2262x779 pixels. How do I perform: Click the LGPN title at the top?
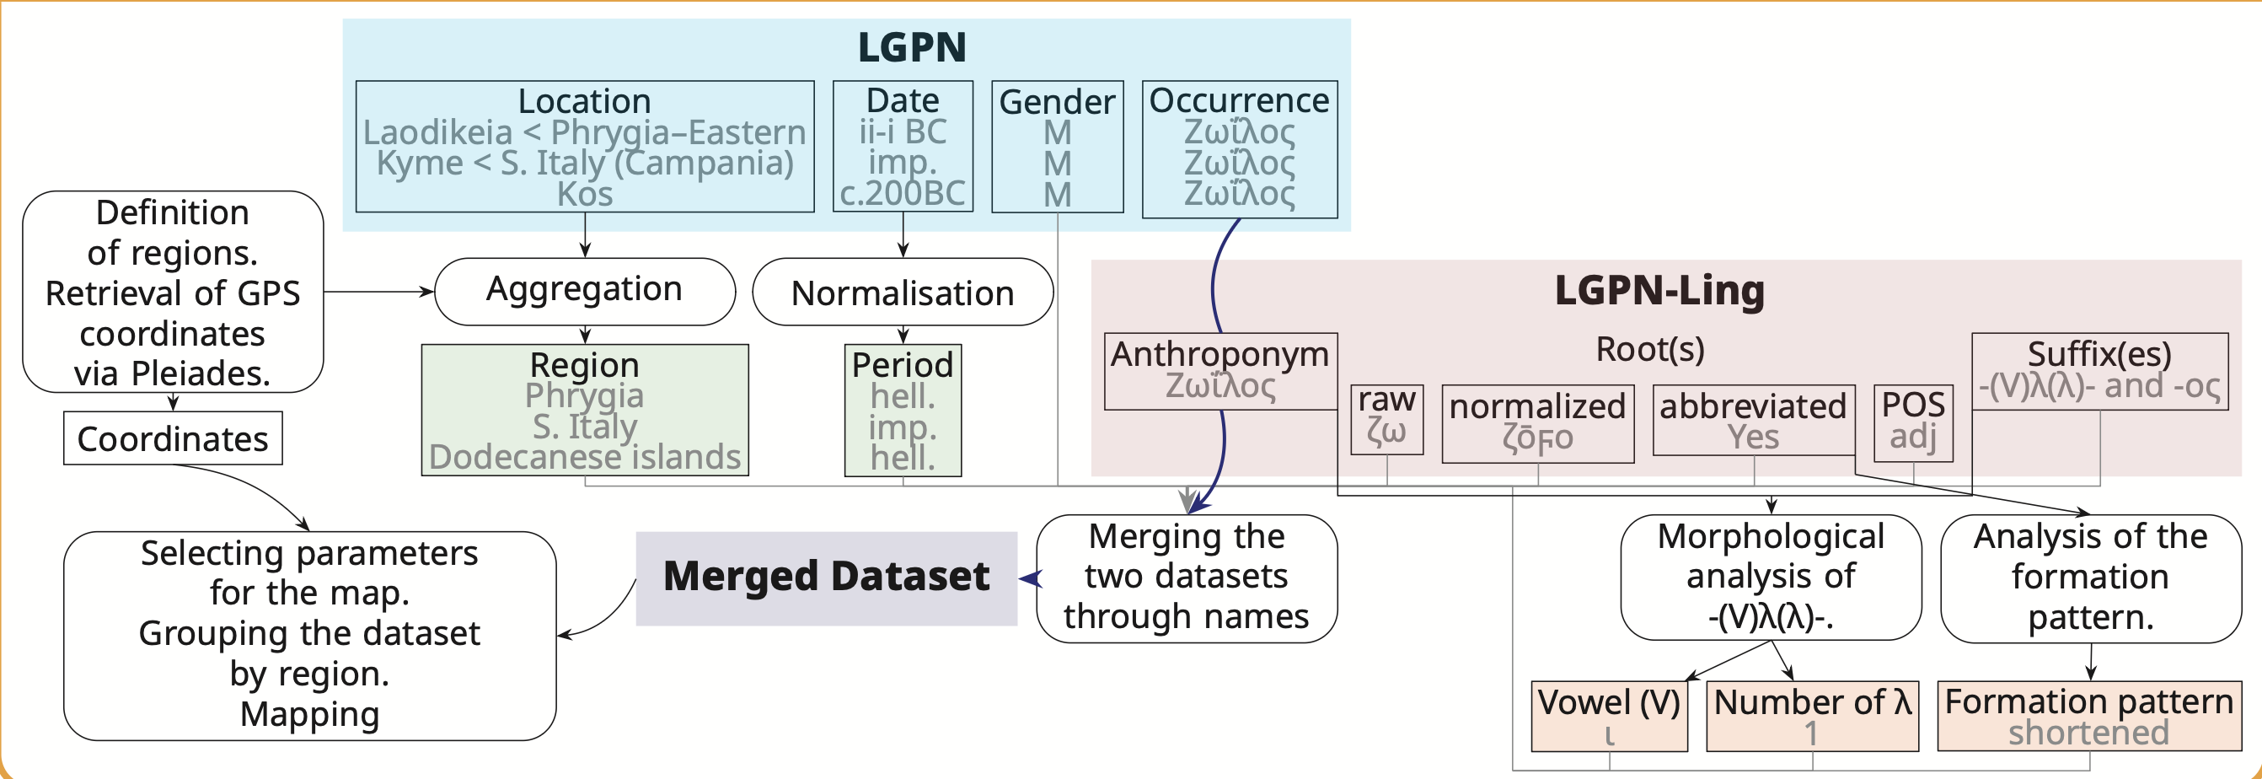click(912, 46)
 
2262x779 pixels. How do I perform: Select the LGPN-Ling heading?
click(1659, 290)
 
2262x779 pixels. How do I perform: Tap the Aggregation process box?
click(585, 291)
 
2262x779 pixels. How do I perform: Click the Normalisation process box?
click(903, 293)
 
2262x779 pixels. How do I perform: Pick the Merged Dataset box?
click(826, 577)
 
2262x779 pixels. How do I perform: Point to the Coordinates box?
click(173, 438)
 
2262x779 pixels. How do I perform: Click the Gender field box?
click(1057, 147)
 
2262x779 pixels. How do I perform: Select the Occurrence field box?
click(1239, 149)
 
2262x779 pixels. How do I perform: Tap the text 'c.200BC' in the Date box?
click(903, 193)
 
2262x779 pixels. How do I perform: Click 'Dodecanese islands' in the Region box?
click(585, 458)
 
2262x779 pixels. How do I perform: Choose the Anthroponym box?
click(1220, 371)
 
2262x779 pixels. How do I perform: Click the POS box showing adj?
click(1912, 422)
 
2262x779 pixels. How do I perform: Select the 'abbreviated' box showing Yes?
click(1754, 420)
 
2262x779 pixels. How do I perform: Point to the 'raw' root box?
click(1386, 419)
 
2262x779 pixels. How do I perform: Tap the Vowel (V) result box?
click(1609, 716)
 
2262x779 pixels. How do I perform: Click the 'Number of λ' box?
click(1813, 716)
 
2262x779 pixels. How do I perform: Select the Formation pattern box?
click(2089, 716)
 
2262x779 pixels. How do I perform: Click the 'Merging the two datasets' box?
click(1187, 578)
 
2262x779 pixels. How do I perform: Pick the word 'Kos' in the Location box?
click(585, 194)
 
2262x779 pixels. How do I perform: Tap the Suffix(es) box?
click(2099, 371)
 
